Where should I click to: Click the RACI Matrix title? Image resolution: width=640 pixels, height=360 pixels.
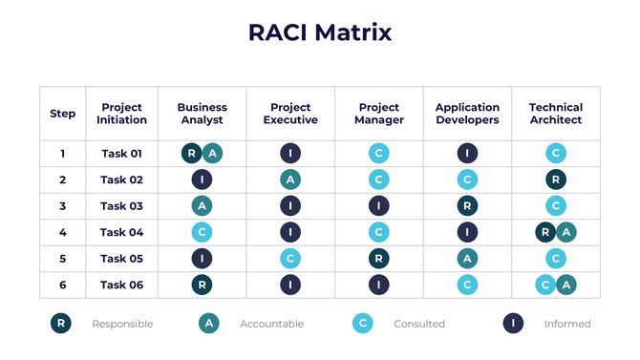tap(320, 32)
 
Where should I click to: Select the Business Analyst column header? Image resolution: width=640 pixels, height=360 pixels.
tap(202, 114)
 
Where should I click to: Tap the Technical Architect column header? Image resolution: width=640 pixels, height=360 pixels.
tap(556, 114)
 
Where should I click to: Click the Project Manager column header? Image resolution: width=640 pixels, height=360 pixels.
tap(379, 114)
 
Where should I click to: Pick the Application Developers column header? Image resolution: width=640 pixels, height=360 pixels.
tap(467, 114)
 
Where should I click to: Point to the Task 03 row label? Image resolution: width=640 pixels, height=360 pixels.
tap(121, 205)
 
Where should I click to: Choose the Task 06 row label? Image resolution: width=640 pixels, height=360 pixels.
tap(121, 285)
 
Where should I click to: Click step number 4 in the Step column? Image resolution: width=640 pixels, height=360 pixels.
tap(63, 232)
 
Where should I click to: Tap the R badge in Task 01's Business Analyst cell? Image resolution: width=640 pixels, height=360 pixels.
tap(191, 153)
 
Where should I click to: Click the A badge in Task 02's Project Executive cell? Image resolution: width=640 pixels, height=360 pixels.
tap(290, 180)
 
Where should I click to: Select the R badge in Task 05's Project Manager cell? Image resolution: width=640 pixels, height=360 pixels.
tap(379, 258)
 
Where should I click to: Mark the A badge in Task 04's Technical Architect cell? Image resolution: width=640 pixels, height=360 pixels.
tap(566, 232)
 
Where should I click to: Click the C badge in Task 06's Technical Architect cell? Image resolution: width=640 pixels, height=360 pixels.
tap(545, 285)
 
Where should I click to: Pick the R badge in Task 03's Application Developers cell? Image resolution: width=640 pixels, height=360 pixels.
tap(467, 205)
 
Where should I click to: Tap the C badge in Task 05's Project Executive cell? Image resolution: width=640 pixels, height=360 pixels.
tap(290, 258)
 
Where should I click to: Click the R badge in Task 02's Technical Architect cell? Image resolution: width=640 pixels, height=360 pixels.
tap(556, 180)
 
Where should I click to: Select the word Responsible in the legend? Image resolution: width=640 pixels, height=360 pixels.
tap(122, 324)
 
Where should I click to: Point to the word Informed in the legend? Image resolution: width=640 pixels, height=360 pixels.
tap(567, 324)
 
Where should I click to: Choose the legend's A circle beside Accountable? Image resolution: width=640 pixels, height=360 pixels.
tap(209, 324)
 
